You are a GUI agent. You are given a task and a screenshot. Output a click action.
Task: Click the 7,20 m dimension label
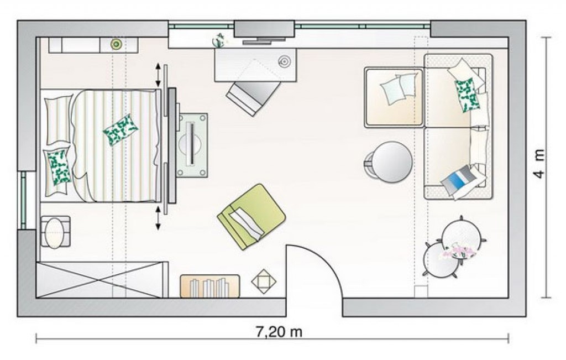tap(279, 331)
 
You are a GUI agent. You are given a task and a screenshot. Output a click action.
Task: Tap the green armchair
tap(251, 216)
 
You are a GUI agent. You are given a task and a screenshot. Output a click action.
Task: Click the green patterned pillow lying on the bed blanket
tap(120, 129)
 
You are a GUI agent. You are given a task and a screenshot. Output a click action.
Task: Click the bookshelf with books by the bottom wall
tap(209, 286)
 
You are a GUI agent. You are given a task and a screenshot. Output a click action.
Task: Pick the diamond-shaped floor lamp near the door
tap(264, 280)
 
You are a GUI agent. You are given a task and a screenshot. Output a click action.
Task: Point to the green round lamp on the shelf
tap(116, 44)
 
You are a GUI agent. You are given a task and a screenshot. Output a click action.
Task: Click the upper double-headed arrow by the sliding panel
tap(158, 75)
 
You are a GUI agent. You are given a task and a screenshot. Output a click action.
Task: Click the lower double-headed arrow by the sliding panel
tap(158, 218)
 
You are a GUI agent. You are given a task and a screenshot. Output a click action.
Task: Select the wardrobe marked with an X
tap(102, 280)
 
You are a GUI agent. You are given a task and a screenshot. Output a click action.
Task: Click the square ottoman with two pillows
tap(394, 97)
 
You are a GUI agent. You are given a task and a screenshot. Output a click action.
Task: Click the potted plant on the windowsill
tap(219, 40)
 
